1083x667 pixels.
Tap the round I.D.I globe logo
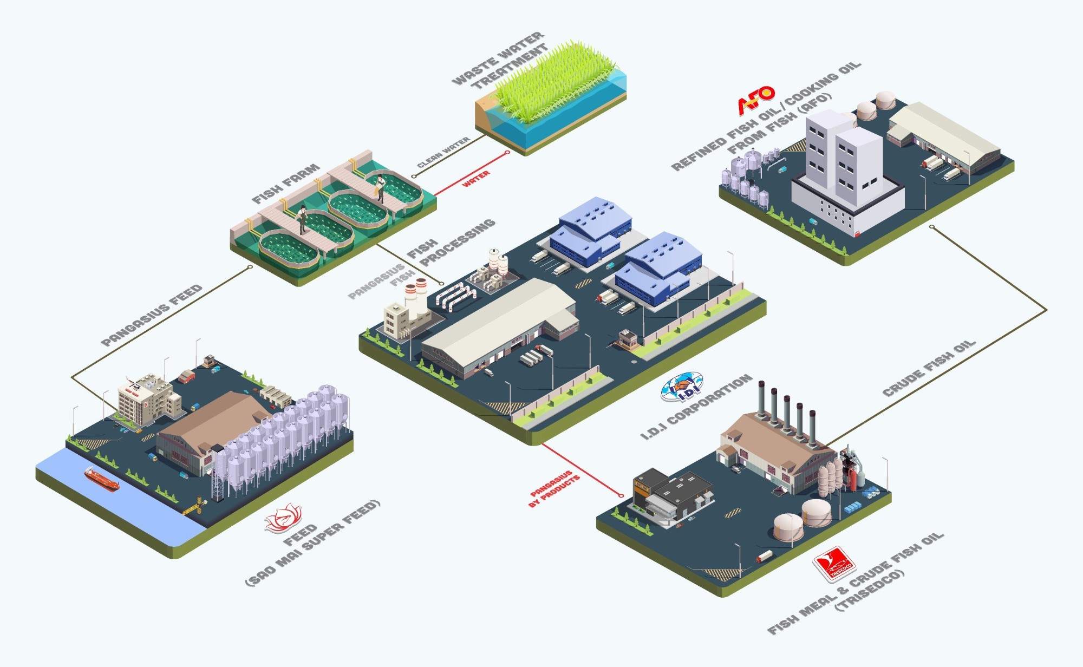pyautogui.click(x=682, y=387)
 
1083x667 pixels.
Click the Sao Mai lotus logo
pyautogui.click(x=283, y=518)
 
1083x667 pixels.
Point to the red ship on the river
pyautogui.click(x=101, y=479)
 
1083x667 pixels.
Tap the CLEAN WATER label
pyautogui.click(x=443, y=153)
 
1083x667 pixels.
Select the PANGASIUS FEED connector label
pyautogui.click(x=152, y=315)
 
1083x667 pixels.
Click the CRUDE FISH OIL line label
pyautogui.click(x=929, y=368)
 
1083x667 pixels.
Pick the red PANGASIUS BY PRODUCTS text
pyautogui.click(x=553, y=488)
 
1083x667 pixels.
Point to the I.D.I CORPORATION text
pyautogui.click(x=696, y=406)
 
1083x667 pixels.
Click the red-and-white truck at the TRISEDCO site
pyautogui.click(x=764, y=556)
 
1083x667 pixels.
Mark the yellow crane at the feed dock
pyautogui.click(x=195, y=507)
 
